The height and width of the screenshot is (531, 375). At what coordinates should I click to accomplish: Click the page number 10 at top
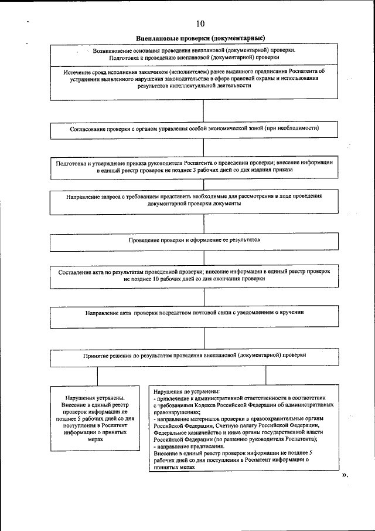200,24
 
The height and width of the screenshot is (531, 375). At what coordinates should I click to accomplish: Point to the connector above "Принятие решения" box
203,338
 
